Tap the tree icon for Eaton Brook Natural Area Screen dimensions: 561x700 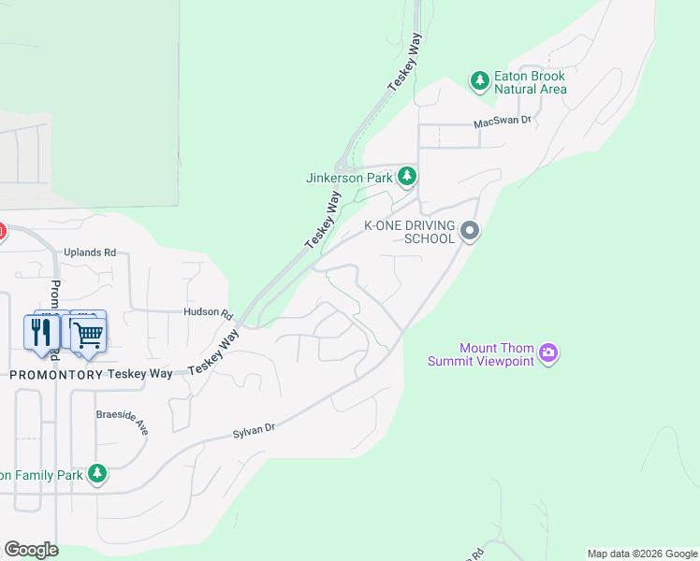click(x=480, y=81)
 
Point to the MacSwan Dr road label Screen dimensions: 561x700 click(x=502, y=121)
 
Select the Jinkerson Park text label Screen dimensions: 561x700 click(x=348, y=177)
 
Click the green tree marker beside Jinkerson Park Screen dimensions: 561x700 click(x=407, y=176)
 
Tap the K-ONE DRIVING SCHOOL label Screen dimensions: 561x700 click(x=409, y=232)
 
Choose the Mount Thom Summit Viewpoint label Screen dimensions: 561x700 click(x=481, y=354)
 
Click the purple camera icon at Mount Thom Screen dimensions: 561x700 click(x=549, y=353)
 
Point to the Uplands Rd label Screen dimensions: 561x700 click(x=90, y=252)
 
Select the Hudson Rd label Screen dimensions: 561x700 click(x=207, y=312)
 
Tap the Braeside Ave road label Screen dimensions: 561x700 click(x=123, y=420)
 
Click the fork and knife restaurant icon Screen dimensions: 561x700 click(x=41, y=332)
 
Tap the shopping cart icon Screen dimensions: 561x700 click(x=87, y=333)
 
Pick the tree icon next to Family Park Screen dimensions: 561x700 click(x=97, y=474)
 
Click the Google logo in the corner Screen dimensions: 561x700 click(x=31, y=550)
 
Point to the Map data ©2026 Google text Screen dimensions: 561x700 click(x=642, y=554)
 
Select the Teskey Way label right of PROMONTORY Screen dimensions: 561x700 click(x=140, y=373)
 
